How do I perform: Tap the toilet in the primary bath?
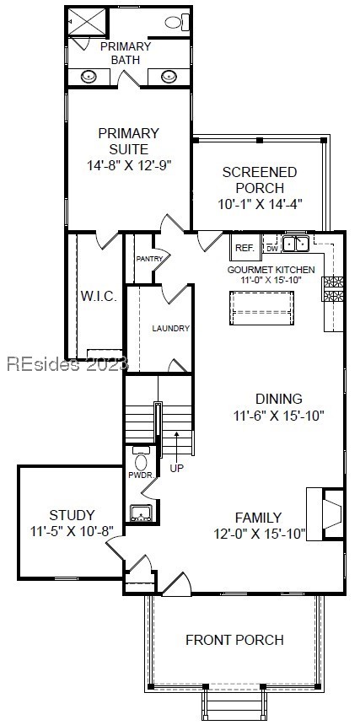(x=175, y=23)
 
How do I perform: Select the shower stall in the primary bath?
(x=87, y=23)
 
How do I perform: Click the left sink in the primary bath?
(x=89, y=76)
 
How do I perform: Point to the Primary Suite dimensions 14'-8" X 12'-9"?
(x=128, y=165)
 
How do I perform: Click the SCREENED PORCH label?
(x=259, y=180)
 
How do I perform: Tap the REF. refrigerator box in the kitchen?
(x=244, y=248)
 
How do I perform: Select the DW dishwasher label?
(x=272, y=248)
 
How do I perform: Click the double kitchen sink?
(x=295, y=244)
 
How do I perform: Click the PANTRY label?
(x=148, y=259)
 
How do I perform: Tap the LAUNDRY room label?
(x=170, y=328)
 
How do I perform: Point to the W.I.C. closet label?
(x=98, y=296)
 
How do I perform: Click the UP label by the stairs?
(x=176, y=467)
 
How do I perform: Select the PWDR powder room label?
(x=139, y=475)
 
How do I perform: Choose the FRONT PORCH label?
(x=234, y=640)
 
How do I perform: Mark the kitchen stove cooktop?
(x=333, y=288)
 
